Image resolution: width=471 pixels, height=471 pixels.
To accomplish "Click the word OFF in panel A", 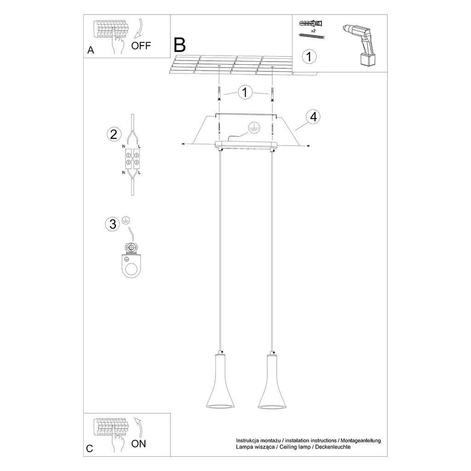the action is (x=141, y=46).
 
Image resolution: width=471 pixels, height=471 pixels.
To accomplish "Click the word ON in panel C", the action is (x=138, y=444).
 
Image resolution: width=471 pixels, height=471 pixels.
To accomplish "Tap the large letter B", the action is (x=180, y=45).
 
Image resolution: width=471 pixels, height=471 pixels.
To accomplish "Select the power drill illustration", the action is (x=359, y=45).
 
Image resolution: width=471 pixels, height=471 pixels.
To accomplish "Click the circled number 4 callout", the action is (x=313, y=116).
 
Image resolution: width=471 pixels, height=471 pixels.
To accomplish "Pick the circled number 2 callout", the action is (x=114, y=134).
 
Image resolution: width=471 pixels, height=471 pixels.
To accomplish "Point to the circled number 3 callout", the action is (x=113, y=224).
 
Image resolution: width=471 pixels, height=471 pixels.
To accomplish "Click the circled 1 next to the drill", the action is (x=309, y=57).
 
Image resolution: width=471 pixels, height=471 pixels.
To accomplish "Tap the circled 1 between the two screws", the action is (x=245, y=92).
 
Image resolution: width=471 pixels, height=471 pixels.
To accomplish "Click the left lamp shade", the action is (x=220, y=381).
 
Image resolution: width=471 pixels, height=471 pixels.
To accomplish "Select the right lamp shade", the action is (x=272, y=381).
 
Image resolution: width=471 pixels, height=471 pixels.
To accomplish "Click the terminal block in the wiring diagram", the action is (x=132, y=159).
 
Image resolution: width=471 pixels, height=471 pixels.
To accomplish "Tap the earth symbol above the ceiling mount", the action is (x=253, y=128).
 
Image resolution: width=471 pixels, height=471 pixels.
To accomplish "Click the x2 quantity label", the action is (x=313, y=31).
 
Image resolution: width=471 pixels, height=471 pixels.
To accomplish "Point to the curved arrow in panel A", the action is (x=138, y=29).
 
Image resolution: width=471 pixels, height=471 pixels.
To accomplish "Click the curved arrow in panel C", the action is (x=138, y=426).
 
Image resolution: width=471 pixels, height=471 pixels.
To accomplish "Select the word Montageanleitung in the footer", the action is (x=361, y=441).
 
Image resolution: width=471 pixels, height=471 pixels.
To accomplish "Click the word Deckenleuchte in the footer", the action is (x=333, y=447).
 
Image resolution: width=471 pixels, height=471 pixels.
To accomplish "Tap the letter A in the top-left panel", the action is (x=91, y=50).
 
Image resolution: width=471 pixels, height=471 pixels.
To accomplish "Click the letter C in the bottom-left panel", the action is (x=90, y=448).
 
